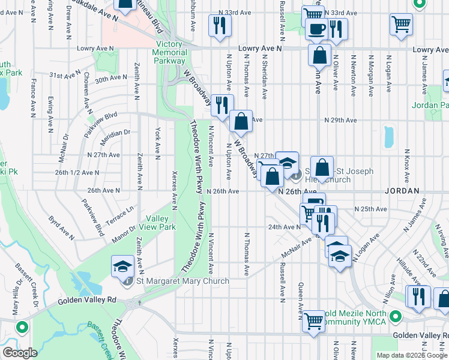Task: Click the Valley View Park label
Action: (x=159, y=223)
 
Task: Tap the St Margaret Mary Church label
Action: (x=182, y=281)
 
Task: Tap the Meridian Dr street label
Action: (x=115, y=133)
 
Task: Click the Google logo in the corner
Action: (x=19, y=352)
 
